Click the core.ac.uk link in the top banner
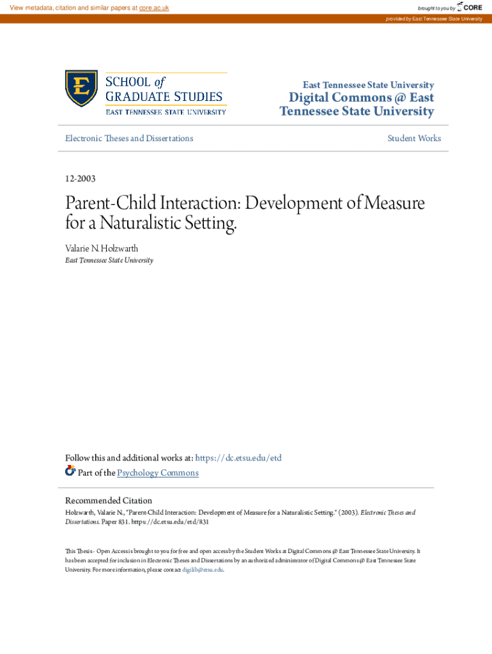153,8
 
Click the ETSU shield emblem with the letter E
81,89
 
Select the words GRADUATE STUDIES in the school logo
164,97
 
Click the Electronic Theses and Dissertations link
129,139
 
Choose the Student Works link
414,139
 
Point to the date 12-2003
81,179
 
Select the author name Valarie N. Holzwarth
101,248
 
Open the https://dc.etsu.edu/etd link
238,458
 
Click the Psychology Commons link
158,473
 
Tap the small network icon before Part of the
70,472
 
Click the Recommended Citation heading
109,501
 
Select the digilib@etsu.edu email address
203,570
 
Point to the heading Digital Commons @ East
361,98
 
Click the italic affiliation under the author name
109,261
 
